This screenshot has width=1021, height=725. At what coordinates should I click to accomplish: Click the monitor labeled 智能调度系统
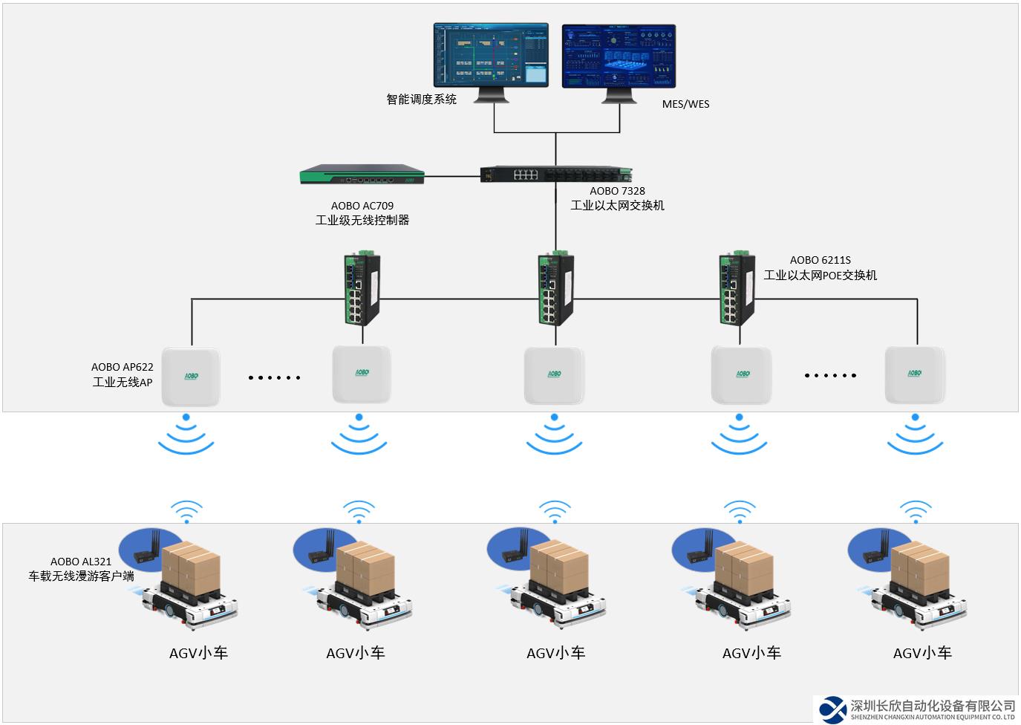point(491,55)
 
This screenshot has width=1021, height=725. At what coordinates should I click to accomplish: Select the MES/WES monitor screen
point(619,56)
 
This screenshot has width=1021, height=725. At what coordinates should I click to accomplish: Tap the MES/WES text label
point(685,104)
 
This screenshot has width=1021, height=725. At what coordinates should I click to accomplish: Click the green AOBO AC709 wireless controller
point(362,175)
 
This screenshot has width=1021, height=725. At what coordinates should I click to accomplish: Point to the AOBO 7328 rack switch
point(555,175)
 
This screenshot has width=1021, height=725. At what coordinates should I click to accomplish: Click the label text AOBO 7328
point(617,191)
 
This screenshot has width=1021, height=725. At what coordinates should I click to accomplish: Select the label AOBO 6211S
point(820,260)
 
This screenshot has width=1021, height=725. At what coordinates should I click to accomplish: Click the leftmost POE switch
point(362,289)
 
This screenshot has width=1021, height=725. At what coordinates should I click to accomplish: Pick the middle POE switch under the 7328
point(555,289)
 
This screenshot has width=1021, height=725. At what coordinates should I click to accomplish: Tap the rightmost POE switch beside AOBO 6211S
point(737,289)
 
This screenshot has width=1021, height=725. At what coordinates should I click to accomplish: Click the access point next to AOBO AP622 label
point(191,377)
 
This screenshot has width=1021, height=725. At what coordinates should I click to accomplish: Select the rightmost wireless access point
point(914,374)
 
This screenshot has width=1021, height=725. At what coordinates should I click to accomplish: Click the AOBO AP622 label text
point(123,367)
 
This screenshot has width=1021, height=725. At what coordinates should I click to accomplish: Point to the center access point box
point(554,375)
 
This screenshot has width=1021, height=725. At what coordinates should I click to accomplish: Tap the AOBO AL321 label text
point(81,562)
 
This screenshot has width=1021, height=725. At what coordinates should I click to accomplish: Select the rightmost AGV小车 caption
point(922,653)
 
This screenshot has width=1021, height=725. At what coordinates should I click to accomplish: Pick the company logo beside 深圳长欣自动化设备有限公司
point(832,709)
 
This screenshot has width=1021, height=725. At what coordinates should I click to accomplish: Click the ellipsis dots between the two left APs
point(274,377)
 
